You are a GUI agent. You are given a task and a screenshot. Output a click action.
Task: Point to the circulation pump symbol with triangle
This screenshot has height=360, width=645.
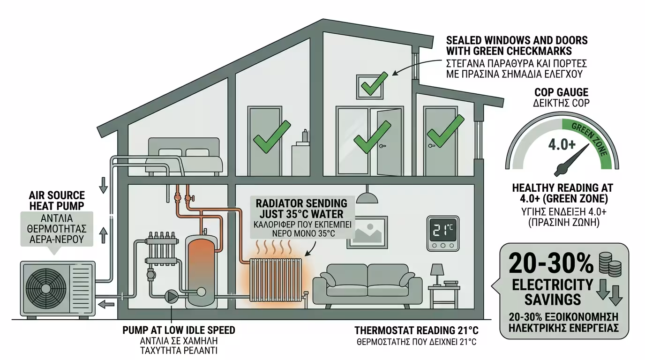point(171,296)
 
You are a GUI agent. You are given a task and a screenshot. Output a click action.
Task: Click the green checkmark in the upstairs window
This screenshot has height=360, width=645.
point(373,84)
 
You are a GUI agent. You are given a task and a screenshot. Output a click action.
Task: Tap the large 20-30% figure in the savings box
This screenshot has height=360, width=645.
point(551,264)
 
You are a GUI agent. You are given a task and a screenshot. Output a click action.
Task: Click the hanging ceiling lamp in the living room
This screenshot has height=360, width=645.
point(367,196)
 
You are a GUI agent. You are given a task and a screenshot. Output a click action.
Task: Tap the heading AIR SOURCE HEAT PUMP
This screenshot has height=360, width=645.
point(57,200)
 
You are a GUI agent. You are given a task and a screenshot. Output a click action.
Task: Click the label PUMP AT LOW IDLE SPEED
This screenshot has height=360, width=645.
point(179,330)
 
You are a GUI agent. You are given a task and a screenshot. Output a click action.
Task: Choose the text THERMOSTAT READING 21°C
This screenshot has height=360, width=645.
point(416,330)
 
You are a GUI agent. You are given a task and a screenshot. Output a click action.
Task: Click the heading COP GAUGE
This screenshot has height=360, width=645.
point(561,92)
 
